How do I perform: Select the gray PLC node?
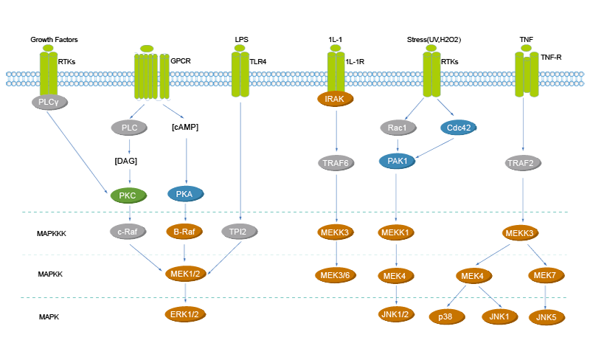click(x=130, y=128)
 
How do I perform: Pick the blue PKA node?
click(x=184, y=194)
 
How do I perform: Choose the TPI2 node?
click(x=237, y=231)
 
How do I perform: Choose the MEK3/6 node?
click(x=336, y=275)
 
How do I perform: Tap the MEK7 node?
click(x=544, y=275)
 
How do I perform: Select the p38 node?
click(x=445, y=316)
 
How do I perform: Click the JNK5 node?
click(x=546, y=316)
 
